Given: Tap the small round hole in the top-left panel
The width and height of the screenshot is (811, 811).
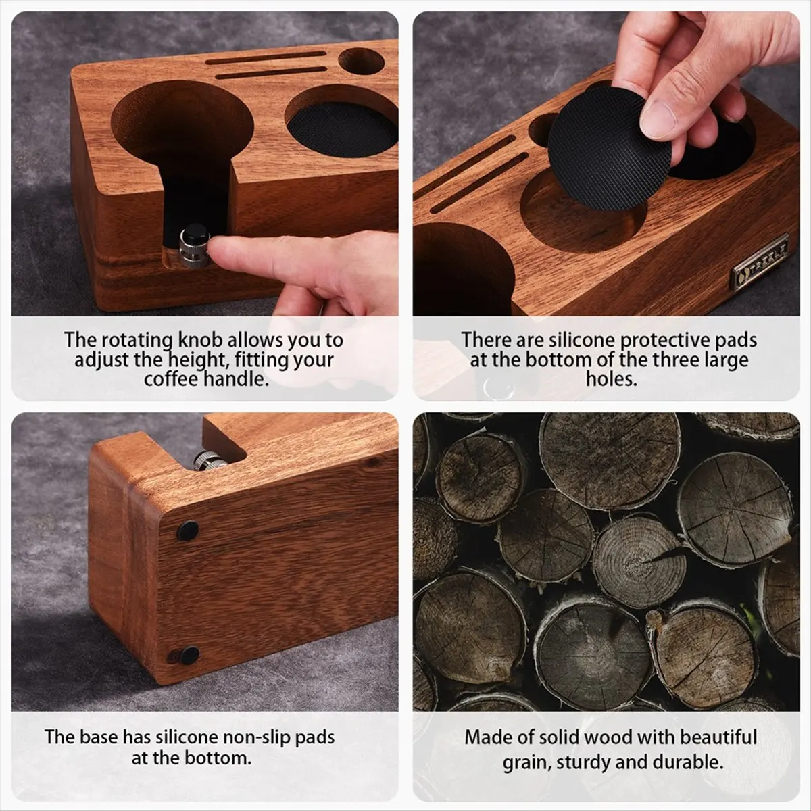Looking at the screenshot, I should coord(361,62).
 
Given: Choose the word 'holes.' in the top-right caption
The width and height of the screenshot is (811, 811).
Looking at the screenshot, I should coord(612,378).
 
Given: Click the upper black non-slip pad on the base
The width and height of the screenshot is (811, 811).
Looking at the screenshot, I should coord(188,531).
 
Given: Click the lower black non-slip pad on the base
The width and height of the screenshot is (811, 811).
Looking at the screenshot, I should coord(185,654).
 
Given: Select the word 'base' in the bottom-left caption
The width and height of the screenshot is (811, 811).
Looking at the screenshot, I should coord(101,737).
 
